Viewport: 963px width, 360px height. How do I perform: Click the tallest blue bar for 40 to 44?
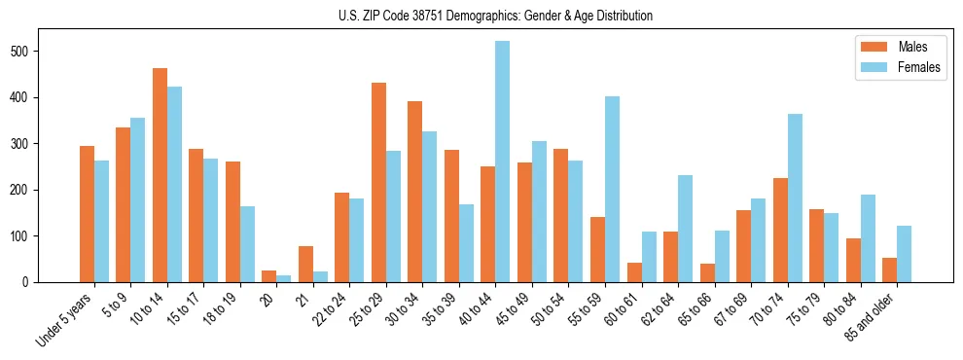tap(503, 162)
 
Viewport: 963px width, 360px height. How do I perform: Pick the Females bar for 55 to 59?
tap(612, 190)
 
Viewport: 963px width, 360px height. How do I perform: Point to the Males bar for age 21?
tap(306, 264)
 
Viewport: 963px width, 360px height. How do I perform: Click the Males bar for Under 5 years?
tap(88, 214)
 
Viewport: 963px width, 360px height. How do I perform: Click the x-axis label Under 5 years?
tap(65, 320)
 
